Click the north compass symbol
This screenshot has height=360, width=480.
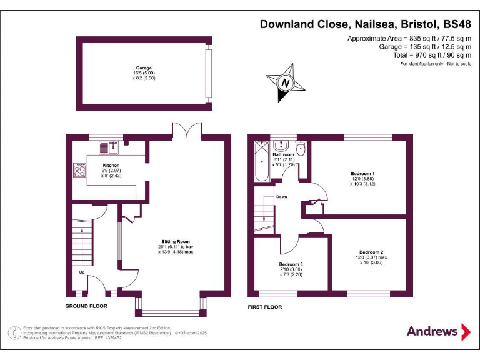[x=286, y=82]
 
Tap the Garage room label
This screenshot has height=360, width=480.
[x=144, y=67]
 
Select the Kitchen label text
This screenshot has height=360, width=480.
[x=111, y=166]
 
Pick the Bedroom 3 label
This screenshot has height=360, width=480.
[x=291, y=264]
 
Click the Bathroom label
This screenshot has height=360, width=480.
[x=283, y=154]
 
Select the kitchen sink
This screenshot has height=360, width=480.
[x=113, y=147]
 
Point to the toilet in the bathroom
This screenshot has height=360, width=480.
[x=301, y=149]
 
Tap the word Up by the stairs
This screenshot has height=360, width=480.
[x=81, y=272]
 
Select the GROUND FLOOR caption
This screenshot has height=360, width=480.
[x=86, y=306]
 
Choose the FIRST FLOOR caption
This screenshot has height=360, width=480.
[x=265, y=307]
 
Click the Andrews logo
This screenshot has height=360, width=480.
[x=438, y=331]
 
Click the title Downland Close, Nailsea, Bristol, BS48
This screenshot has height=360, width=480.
[x=365, y=25]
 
